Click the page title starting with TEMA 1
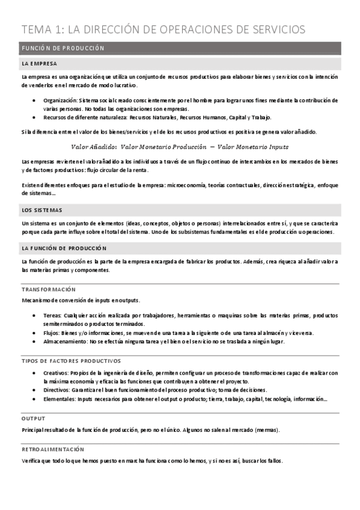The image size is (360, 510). coord(163,29)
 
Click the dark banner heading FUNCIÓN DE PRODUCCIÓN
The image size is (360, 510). coord(63,48)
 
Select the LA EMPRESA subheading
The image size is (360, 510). coord(39,63)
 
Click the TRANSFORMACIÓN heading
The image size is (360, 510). coord(49,289)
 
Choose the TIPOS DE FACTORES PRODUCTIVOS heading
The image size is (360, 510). coord(71,361)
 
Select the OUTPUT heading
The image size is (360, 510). coord(33,418)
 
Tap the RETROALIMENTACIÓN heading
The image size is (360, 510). coord(52,449)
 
